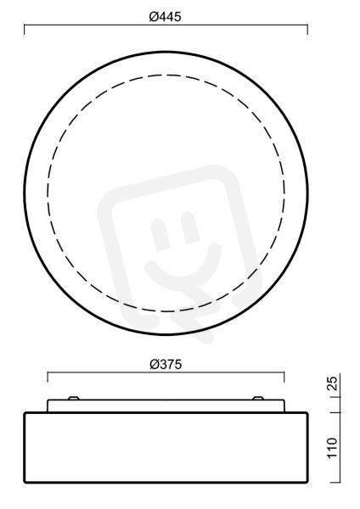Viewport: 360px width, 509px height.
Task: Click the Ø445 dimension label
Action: click(165, 17)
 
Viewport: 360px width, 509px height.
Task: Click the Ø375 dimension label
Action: click(166, 365)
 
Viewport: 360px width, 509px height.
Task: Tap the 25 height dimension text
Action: click(332, 383)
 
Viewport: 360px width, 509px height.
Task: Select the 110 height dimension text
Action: click(332, 448)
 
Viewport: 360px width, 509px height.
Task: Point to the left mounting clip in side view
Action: click(73, 398)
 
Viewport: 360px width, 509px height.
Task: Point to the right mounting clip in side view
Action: click(258, 398)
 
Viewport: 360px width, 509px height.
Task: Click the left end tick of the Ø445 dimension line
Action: click(25, 29)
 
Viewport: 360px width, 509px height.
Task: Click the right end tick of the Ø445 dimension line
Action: click(307, 29)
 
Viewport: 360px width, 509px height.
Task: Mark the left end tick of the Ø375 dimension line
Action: click(48, 378)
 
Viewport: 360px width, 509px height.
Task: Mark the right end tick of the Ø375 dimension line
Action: click(284, 378)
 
